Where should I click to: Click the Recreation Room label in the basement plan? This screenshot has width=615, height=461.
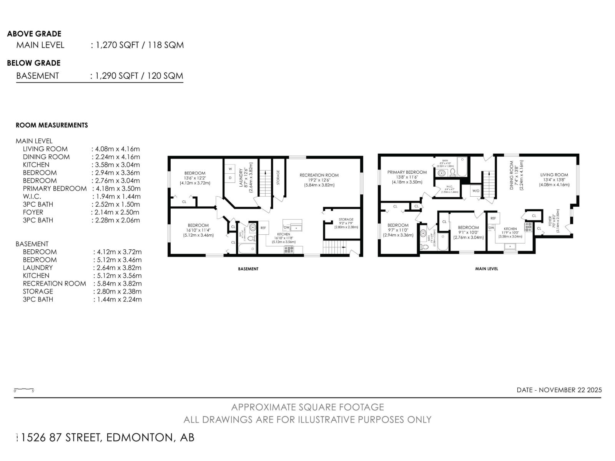pos(319,175)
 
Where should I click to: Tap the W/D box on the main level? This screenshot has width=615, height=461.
pos(475,191)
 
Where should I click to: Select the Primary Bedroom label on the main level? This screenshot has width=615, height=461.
pos(407,172)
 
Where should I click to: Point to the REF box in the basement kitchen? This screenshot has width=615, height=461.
pos(263,228)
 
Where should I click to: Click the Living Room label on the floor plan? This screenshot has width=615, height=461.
pos(554,175)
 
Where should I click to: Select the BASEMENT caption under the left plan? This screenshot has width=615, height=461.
pos(248,269)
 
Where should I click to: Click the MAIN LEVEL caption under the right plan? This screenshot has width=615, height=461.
pos(486,269)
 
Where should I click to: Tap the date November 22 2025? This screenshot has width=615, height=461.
pos(559,390)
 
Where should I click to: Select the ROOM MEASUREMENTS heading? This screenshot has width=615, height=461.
pos(52,125)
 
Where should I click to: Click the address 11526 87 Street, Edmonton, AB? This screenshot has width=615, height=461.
pos(105,438)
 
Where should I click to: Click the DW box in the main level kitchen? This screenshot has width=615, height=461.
pos(491,228)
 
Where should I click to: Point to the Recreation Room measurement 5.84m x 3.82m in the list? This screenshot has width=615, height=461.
pos(118,284)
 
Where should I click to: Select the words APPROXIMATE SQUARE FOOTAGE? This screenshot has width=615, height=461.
pos(307,407)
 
